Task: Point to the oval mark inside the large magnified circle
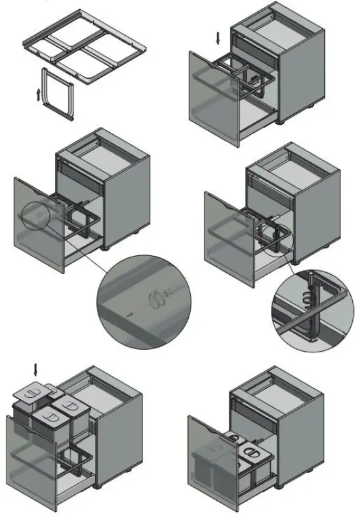(155, 300)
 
